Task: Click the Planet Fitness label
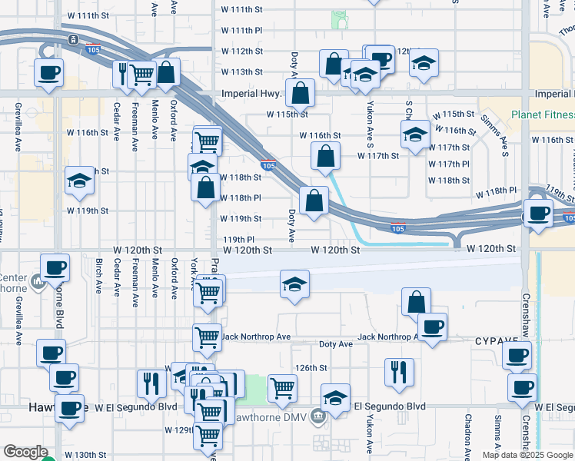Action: (x=543, y=116)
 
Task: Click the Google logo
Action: (x=25, y=452)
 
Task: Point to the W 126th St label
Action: (x=312, y=368)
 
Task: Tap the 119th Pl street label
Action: (x=238, y=239)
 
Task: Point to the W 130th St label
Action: (x=85, y=455)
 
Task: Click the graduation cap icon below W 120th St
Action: (x=294, y=284)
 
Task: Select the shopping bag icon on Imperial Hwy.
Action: (x=301, y=93)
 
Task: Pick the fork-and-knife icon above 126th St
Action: (x=399, y=373)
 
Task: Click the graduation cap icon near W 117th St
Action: (x=415, y=134)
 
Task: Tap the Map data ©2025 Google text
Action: (x=527, y=455)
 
